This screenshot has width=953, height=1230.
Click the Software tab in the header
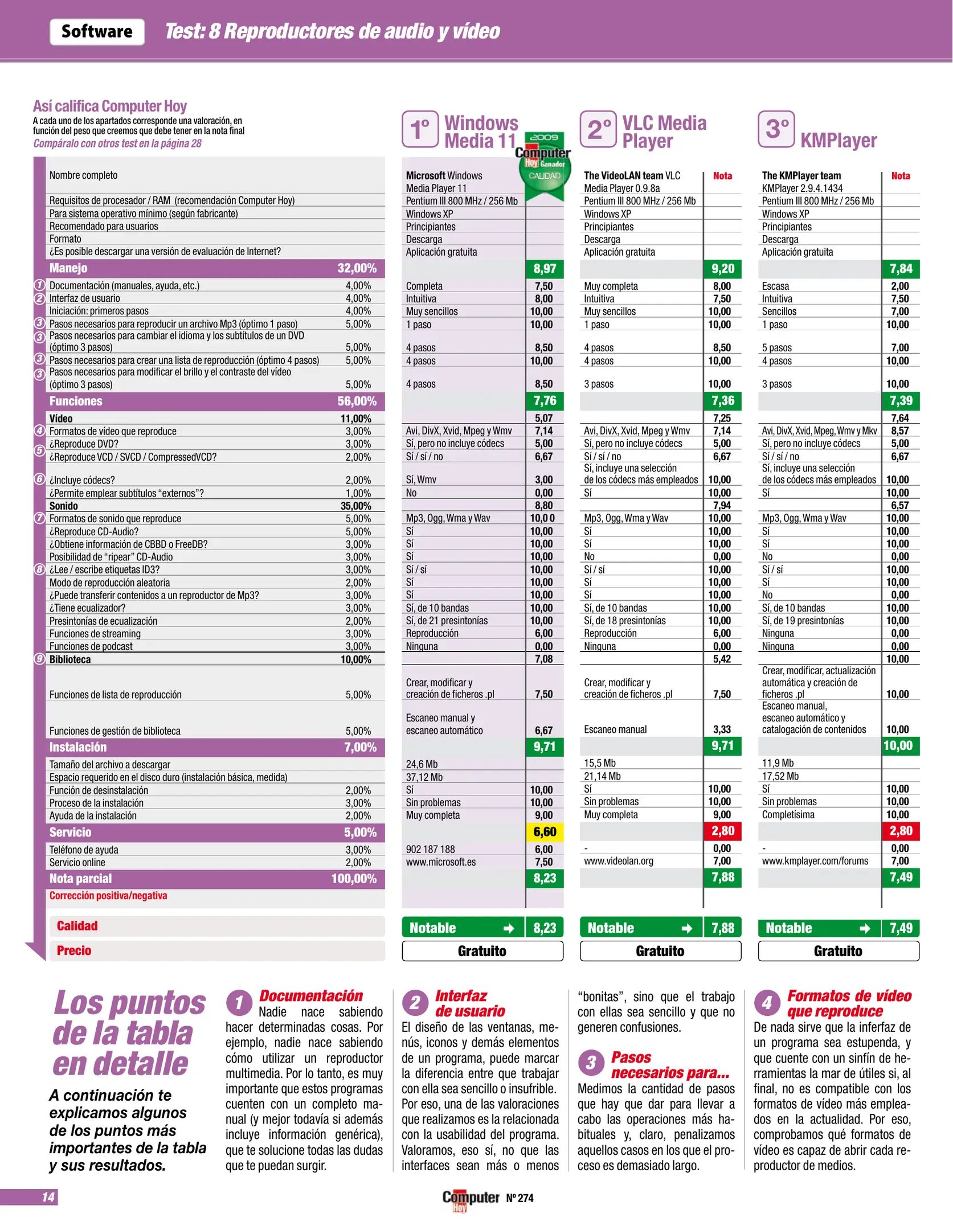pos(97,32)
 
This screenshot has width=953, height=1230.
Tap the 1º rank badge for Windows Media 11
pos(420,129)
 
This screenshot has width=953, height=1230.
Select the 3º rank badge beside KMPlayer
pos(776,129)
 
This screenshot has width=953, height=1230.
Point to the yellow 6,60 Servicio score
pos(545,832)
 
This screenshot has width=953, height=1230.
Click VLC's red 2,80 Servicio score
pos(722,831)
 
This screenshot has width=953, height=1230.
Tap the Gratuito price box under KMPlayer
pos(838,951)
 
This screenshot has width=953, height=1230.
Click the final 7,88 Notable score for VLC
pos(722,928)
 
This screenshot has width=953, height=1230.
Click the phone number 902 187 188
pos(430,849)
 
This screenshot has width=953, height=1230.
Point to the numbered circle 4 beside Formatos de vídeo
pos(39,430)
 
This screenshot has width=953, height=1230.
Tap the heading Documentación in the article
pos(311,995)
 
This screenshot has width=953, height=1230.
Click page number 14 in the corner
pos(48,1197)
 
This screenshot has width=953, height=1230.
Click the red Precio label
pos(74,950)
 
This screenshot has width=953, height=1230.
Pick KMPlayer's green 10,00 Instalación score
pos(898,745)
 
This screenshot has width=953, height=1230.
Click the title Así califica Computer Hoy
pos(110,106)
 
